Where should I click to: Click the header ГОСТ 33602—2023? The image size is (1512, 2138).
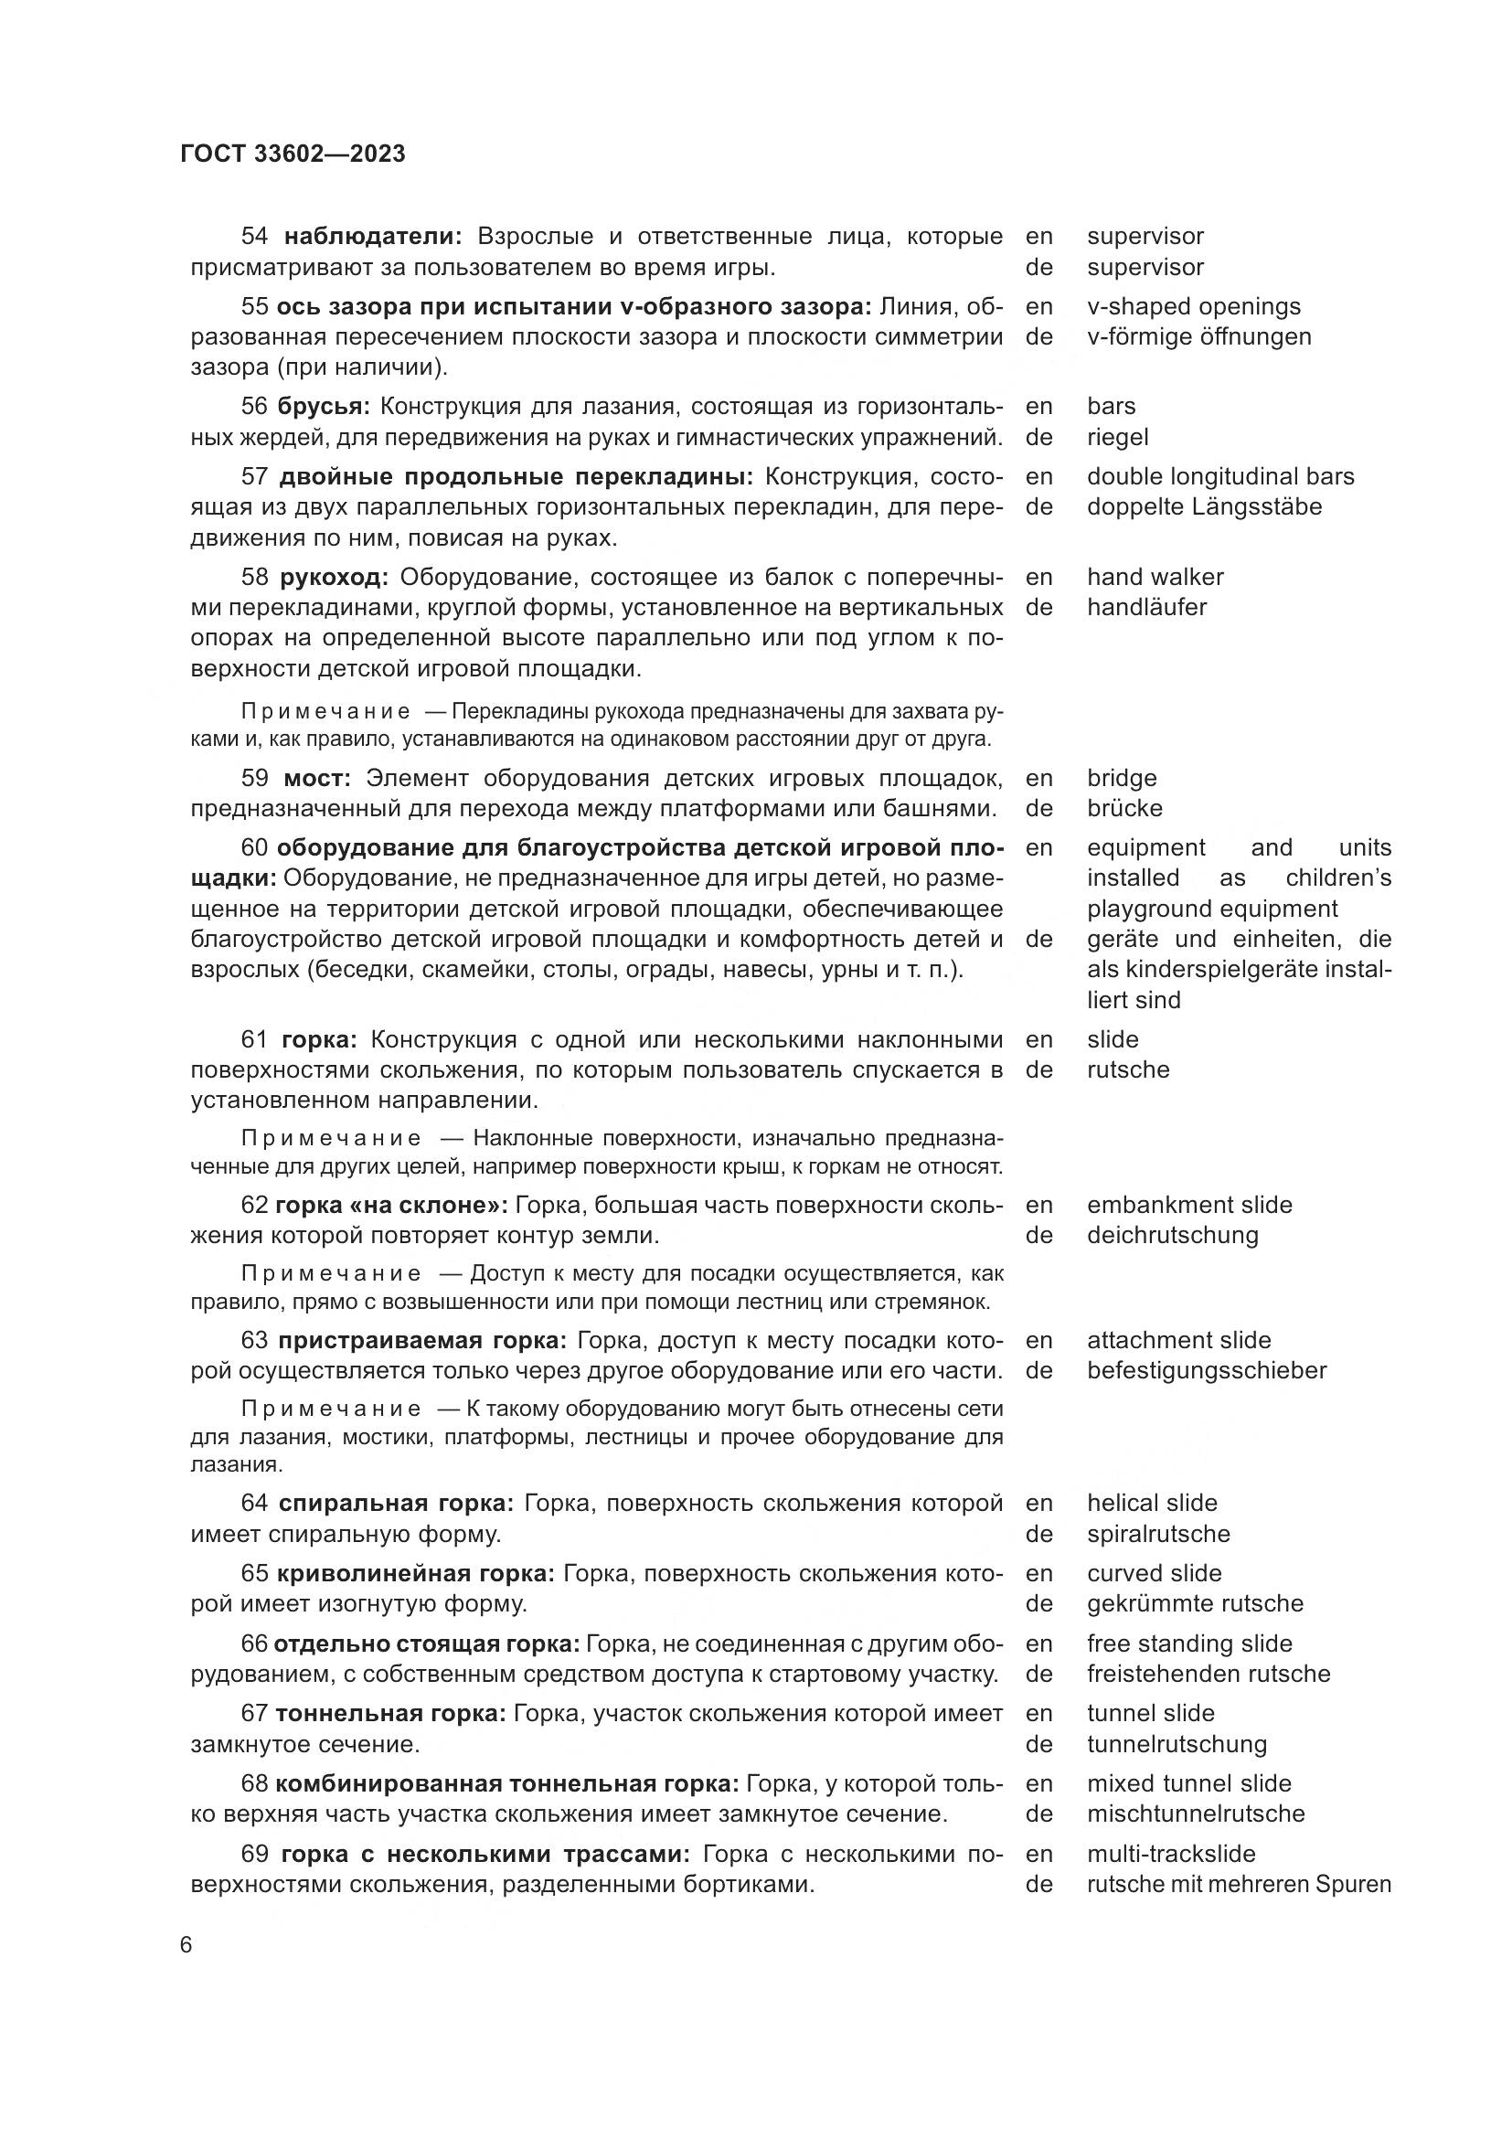(x=293, y=154)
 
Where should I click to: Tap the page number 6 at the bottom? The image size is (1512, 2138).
(x=186, y=1945)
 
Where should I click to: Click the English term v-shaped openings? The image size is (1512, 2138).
(x=1194, y=306)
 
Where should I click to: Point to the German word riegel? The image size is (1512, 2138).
(x=1117, y=437)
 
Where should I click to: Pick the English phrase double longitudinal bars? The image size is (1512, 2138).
(x=1219, y=477)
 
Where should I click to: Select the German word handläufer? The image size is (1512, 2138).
(x=1146, y=607)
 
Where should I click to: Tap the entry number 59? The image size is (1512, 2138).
(x=254, y=779)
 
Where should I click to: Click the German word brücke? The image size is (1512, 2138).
(x=1124, y=808)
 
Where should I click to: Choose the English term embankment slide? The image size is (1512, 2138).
(x=1189, y=1205)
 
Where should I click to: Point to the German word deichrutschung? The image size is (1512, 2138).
(x=1172, y=1236)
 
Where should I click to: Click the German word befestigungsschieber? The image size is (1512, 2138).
(x=1206, y=1371)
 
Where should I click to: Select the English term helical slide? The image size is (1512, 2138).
(x=1152, y=1503)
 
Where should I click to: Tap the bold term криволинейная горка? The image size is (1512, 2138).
(x=415, y=1574)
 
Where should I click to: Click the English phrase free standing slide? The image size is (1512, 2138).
(x=1189, y=1643)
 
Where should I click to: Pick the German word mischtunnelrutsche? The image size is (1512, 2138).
(x=1196, y=1814)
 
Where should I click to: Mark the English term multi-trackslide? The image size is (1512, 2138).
(x=1170, y=1854)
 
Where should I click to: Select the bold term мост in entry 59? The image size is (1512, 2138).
(x=316, y=779)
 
